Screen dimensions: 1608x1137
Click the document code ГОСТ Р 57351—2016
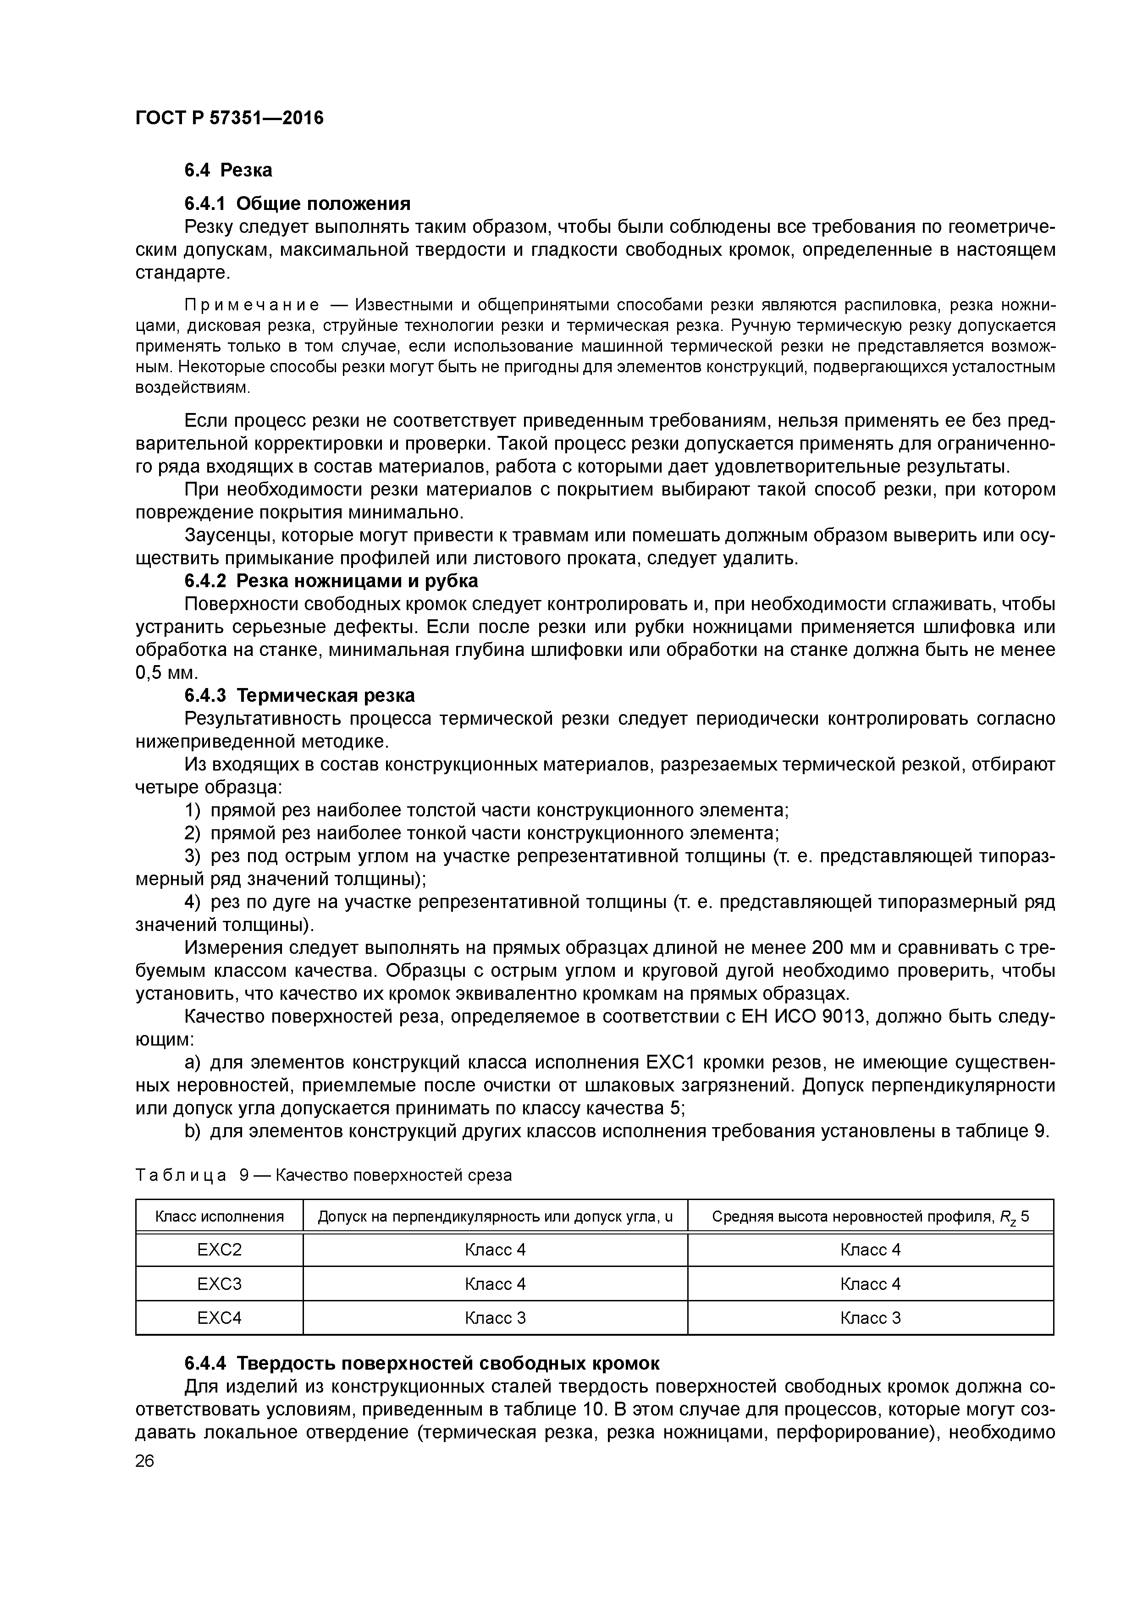point(229,118)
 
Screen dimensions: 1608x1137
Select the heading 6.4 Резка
point(228,170)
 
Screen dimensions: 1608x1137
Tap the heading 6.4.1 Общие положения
point(297,204)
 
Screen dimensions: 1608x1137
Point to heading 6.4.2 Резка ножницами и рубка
point(331,581)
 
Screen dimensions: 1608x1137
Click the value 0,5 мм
point(167,673)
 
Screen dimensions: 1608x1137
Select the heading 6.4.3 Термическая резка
point(299,695)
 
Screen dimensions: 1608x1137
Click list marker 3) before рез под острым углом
point(193,857)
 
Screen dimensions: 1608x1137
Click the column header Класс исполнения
point(219,1217)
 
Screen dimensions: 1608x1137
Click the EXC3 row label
point(219,1284)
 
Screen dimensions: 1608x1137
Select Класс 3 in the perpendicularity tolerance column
point(495,1318)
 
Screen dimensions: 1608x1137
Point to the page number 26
point(145,1461)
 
